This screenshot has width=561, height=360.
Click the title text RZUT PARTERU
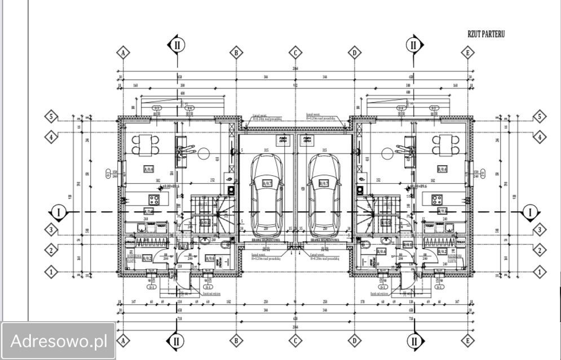click(x=485, y=34)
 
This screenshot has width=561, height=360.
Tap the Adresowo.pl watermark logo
click(x=59, y=341)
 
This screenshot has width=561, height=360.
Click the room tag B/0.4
click(x=442, y=168)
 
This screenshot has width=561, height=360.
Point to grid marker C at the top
click(x=295, y=53)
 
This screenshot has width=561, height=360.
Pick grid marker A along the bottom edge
click(x=123, y=340)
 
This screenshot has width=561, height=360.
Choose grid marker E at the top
click(x=467, y=53)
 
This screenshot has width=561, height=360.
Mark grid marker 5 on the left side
click(x=51, y=117)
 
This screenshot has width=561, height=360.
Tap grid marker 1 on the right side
click(x=540, y=272)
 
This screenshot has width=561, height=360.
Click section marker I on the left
click(x=58, y=212)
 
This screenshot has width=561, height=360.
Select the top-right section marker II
click(x=414, y=45)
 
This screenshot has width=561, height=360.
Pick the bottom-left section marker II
click(x=176, y=340)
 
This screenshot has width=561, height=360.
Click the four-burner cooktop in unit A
click(x=154, y=199)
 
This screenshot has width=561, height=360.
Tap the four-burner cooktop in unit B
click(x=436, y=199)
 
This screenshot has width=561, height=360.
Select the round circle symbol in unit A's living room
click(x=203, y=153)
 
